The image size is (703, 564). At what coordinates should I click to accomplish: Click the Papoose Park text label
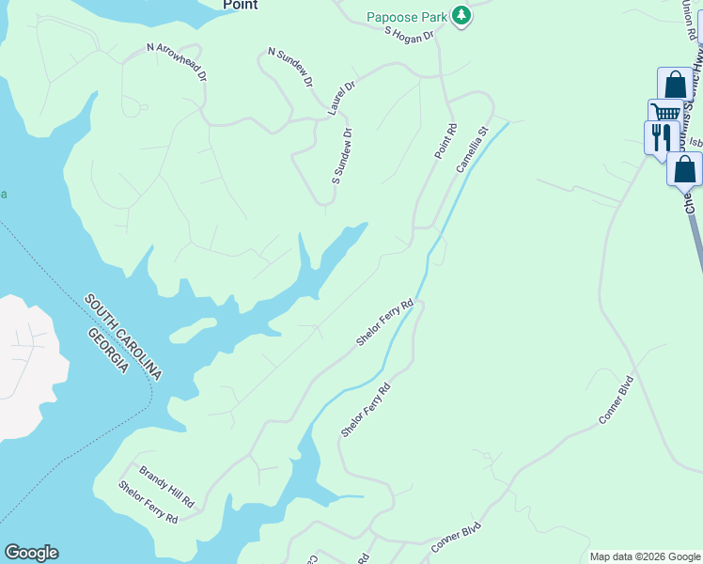click(x=406, y=16)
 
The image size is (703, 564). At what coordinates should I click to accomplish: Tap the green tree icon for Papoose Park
click(x=461, y=15)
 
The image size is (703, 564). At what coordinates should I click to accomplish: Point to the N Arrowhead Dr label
click(x=176, y=61)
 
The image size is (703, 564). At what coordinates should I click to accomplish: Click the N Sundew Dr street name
click(x=289, y=67)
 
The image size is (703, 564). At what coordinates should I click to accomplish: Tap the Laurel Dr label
click(x=342, y=99)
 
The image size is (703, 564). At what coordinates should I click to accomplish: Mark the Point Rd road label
click(x=445, y=139)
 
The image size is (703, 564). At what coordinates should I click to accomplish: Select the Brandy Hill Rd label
click(x=166, y=484)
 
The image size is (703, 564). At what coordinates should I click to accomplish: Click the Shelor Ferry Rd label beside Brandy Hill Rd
click(x=148, y=502)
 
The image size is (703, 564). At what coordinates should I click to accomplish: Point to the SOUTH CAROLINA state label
click(x=123, y=337)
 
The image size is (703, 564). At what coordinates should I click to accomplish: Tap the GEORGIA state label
click(x=108, y=351)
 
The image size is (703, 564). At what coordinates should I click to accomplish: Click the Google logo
click(x=31, y=553)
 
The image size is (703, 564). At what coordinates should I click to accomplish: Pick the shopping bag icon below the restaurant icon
click(x=684, y=169)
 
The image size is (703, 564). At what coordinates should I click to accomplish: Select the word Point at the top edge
click(x=241, y=5)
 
